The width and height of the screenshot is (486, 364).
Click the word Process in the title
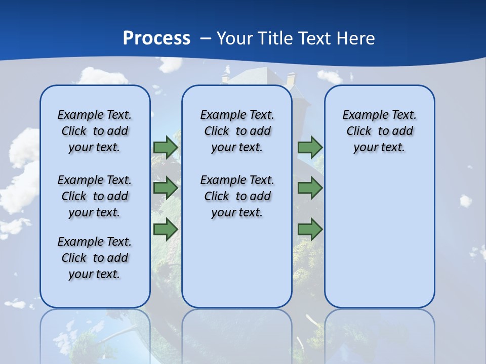[x=156, y=38]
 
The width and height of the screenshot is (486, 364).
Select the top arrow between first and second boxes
[x=166, y=147]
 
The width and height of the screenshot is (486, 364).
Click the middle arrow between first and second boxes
[x=166, y=188]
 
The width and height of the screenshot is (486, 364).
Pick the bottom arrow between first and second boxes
[x=166, y=230]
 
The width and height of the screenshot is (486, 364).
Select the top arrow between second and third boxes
[x=310, y=147]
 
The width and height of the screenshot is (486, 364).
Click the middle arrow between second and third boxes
[x=310, y=188]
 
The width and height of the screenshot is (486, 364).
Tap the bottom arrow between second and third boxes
[x=310, y=230]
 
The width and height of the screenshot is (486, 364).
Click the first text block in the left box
[x=95, y=131]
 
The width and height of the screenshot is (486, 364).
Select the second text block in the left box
[x=95, y=196]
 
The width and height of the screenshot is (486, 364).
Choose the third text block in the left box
[x=95, y=258]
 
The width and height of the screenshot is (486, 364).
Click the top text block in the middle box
[x=237, y=131]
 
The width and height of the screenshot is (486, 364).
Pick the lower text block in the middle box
[x=237, y=196]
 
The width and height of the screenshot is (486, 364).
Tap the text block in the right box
[x=379, y=131]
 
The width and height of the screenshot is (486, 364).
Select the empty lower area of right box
[x=379, y=238]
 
